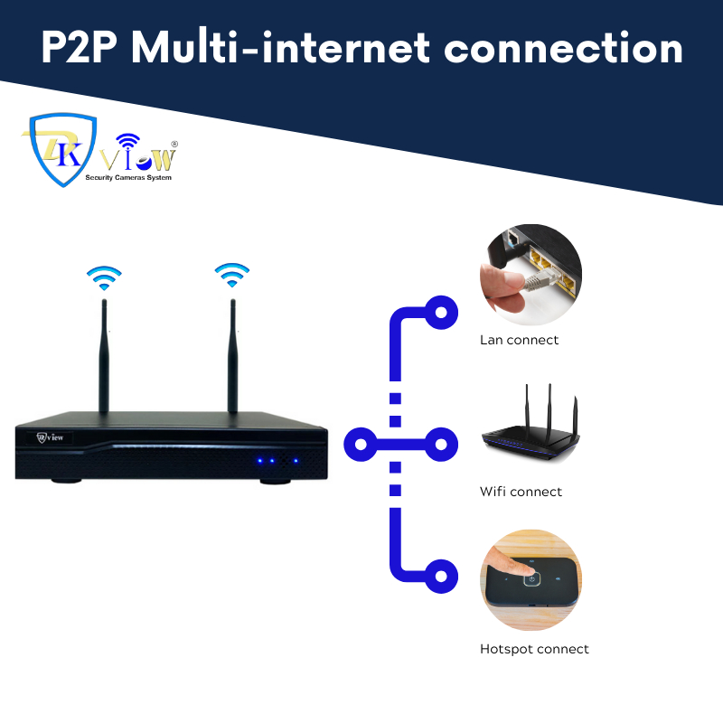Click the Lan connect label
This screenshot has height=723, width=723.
click(x=519, y=341)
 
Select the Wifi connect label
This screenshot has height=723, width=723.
click(x=521, y=492)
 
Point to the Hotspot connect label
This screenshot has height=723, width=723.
click(x=534, y=649)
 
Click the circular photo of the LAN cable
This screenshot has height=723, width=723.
click(x=531, y=275)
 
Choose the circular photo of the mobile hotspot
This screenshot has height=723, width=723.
click(x=531, y=581)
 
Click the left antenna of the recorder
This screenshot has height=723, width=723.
click(x=104, y=357)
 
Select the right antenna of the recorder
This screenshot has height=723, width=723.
click(x=232, y=357)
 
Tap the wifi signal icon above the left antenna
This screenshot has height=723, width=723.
click(x=104, y=276)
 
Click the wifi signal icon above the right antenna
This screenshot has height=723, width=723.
click(x=232, y=274)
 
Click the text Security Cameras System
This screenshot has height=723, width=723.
click(x=127, y=178)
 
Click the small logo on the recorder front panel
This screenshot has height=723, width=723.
click(x=54, y=437)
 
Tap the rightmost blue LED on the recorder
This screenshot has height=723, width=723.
click(x=295, y=461)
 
